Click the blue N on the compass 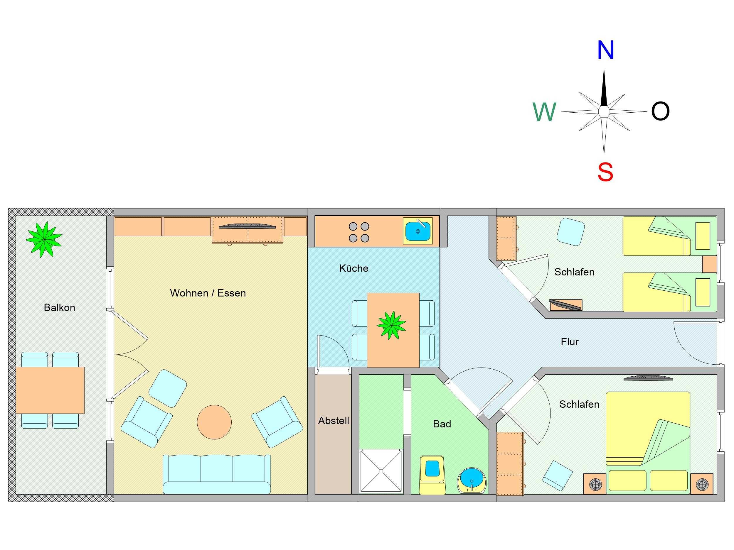606,50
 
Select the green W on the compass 544,112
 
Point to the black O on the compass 660,111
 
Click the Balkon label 59,308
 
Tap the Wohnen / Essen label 208,293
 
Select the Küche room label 354,268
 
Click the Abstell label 334,421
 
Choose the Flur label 570,342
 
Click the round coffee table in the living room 214,422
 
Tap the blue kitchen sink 418,231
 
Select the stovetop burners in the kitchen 359,232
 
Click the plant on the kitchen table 392,325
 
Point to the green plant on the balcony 44,239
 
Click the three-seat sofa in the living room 217,474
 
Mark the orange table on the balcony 50,390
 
